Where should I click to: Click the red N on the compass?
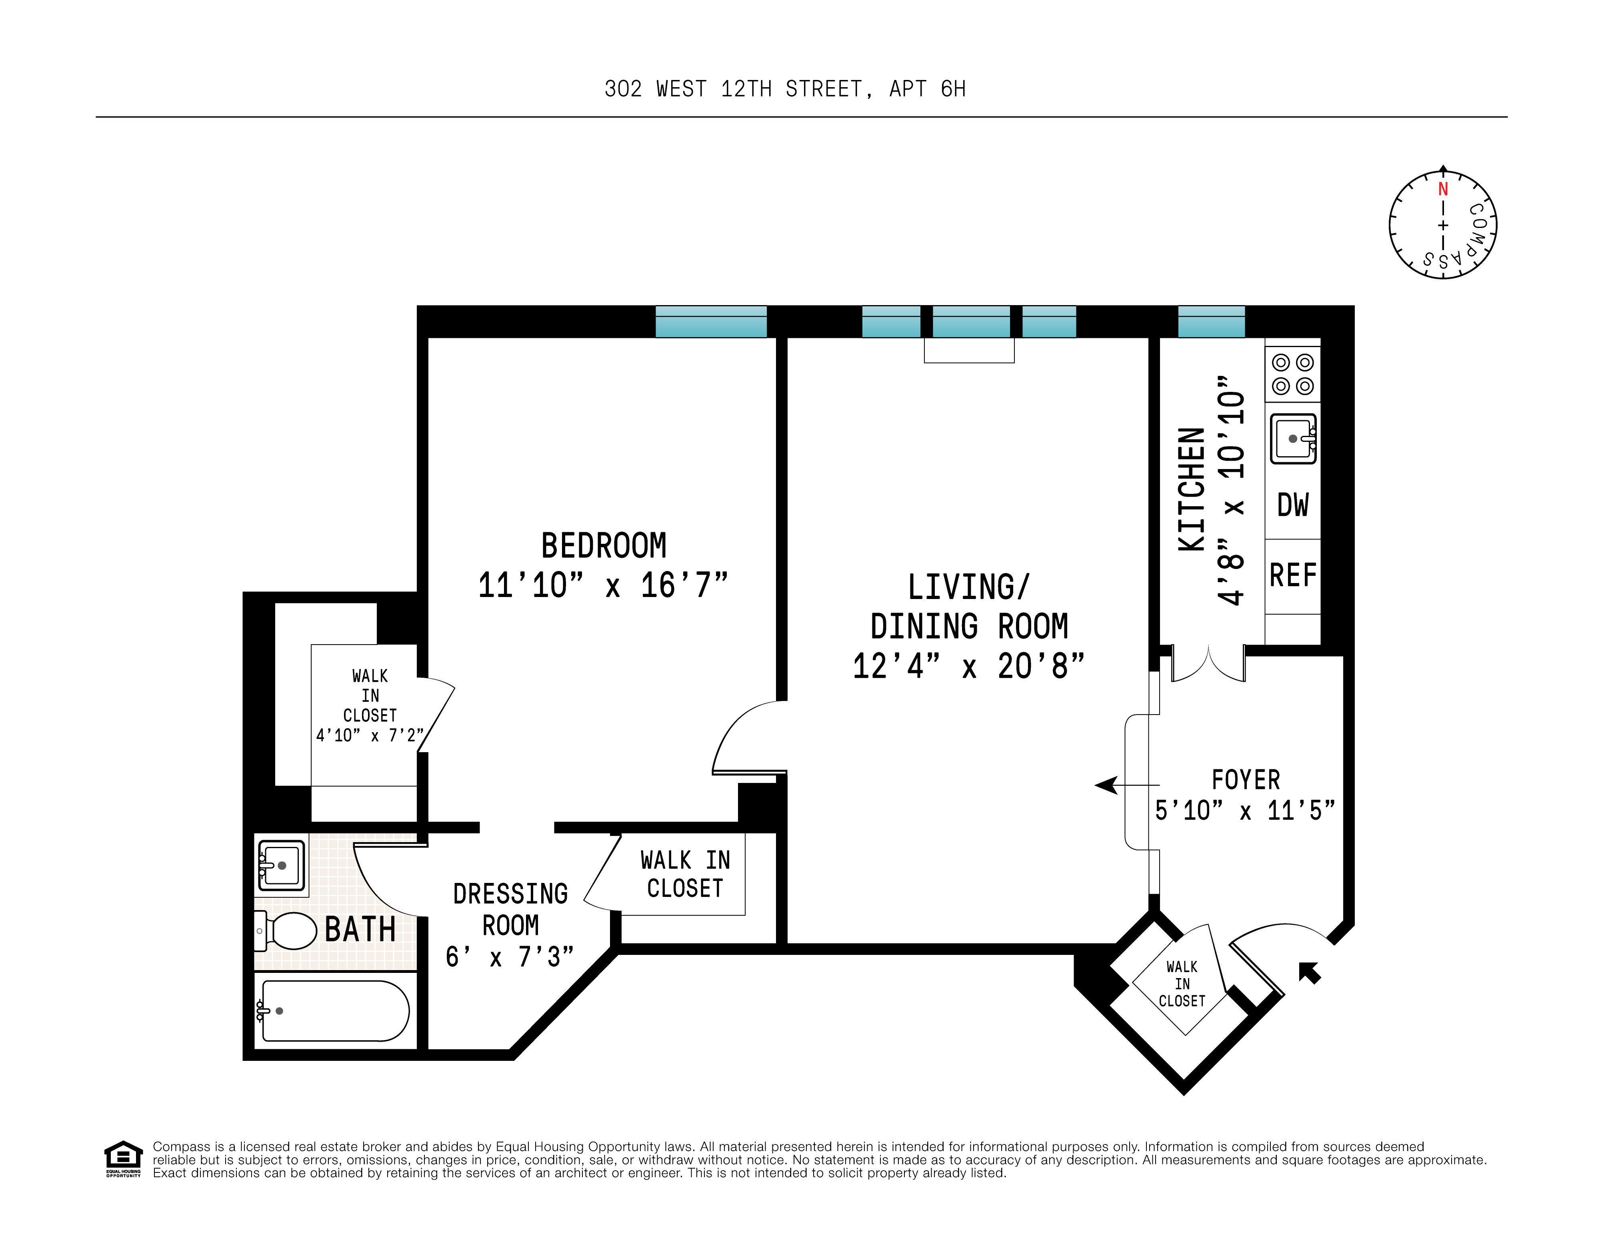point(1442,189)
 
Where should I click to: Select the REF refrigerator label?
point(1293,575)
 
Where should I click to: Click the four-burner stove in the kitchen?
point(1292,374)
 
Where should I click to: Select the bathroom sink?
point(281,865)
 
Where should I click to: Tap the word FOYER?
point(1246,780)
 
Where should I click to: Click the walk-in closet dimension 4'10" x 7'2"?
point(369,735)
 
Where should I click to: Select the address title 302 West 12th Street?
point(785,89)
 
